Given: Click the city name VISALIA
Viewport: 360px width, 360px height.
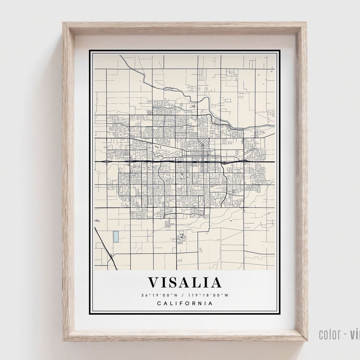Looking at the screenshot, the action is coord(185,283).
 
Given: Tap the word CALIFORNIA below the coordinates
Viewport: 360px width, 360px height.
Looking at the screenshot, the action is coord(185,303).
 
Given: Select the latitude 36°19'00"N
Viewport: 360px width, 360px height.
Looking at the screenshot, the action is coord(160,295).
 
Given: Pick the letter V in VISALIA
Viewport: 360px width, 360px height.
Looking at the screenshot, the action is coord(153,283).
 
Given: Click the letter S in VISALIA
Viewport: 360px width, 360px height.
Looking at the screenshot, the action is coord(172,283).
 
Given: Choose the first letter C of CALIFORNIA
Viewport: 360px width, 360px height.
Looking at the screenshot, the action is coord(159,303).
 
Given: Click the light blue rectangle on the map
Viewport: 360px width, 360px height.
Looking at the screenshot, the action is coord(116,236).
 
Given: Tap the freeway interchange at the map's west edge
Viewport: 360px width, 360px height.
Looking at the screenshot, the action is coord(104,161).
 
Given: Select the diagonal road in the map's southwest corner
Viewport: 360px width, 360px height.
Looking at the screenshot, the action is coord(105,248).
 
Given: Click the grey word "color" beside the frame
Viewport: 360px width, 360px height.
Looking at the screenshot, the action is coord(328,334).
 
